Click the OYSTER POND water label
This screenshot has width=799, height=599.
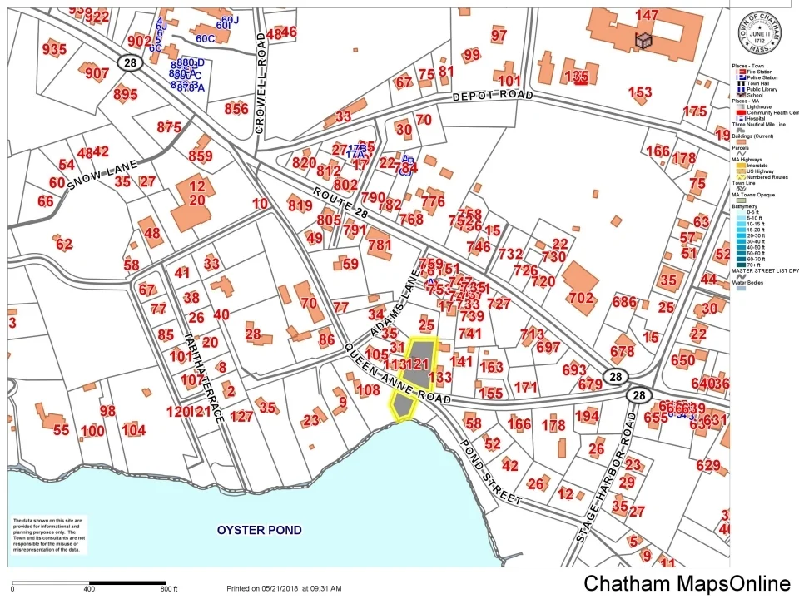pyautogui.click(x=259, y=530)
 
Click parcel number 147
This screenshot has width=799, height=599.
pyautogui.click(x=647, y=15)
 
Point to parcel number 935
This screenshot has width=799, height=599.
pyautogui.click(x=54, y=49)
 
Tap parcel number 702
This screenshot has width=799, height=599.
pyautogui.click(x=580, y=298)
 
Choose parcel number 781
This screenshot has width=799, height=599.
pyautogui.click(x=379, y=245)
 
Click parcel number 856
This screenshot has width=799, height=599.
pyautogui.click(x=236, y=109)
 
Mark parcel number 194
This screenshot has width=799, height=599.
pyautogui.click(x=587, y=416)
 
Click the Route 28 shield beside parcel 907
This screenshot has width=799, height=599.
pyautogui.click(x=127, y=62)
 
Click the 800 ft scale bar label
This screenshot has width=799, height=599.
pyautogui.click(x=170, y=589)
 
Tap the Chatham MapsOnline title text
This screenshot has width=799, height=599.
pyautogui.click(x=687, y=583)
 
